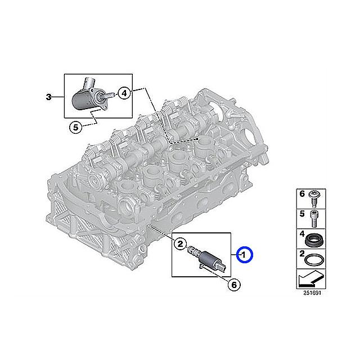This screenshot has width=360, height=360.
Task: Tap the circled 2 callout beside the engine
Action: tap(179, 244)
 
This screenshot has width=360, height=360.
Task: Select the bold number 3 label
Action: tap(49, 97)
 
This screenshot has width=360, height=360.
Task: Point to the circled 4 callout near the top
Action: tap(124, 93)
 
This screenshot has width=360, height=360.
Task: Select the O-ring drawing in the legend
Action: tap(314, 259)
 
